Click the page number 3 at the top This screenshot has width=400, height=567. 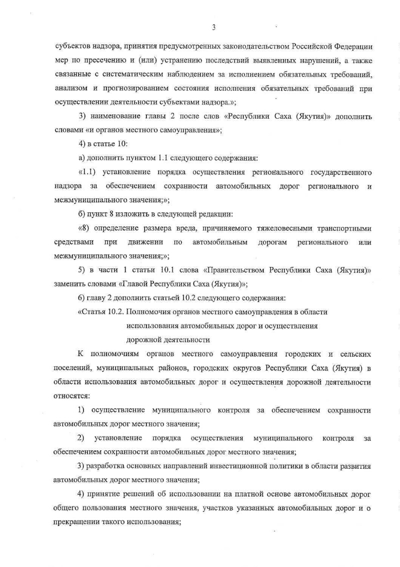pos(213,27)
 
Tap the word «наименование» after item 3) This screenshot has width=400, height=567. pos(112,117)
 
